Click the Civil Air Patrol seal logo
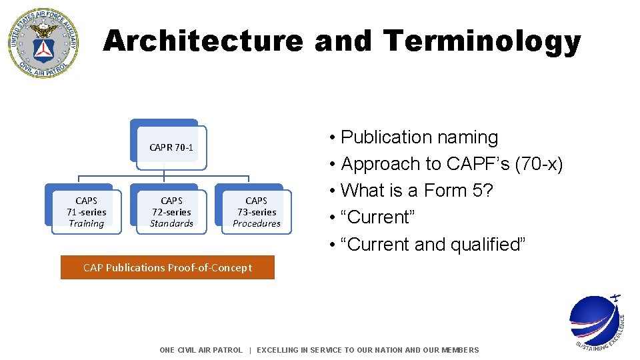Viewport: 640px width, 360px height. (43, 43)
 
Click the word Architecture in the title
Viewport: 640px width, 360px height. (203, 41)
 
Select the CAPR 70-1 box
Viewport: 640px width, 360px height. (171, 147)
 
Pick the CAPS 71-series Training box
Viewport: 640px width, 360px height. (87, 212)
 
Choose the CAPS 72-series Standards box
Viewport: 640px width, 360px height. (171, 212)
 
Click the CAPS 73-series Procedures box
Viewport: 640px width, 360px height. (257, 212)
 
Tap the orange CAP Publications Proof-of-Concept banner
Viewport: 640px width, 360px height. (167, 268)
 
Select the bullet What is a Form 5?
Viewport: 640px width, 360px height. (416, 191)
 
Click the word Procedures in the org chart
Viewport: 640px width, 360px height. (257, 224)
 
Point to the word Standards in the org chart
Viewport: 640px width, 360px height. (171, 224)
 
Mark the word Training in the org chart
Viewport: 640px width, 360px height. (87, 224)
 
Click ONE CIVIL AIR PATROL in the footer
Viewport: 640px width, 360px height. (201, 350)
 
